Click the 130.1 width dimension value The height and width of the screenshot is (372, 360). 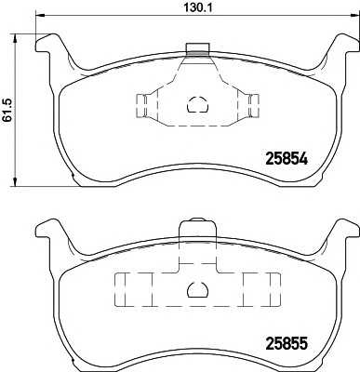198,7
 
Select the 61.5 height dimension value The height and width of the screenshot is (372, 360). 7,109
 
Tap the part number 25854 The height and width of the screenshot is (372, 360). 287,159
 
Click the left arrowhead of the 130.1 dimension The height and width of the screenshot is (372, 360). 40,15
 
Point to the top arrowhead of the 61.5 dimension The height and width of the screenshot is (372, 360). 15,38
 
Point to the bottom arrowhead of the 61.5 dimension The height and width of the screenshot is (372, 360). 15,182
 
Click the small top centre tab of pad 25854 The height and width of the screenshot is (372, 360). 198,49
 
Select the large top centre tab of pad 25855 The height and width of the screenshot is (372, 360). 197,230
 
